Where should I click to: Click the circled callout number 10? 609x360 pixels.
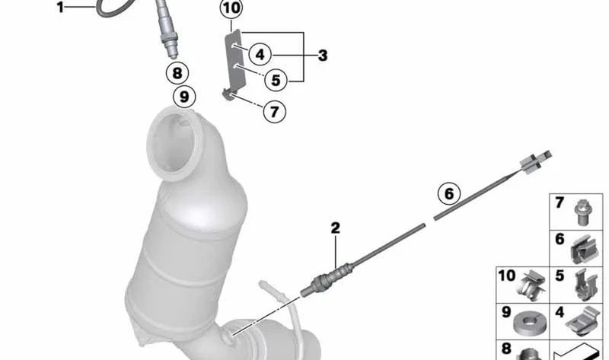[x=231, y=8]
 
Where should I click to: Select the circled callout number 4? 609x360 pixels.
[x=260, y=54]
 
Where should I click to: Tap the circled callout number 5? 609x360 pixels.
[x=276, y=81]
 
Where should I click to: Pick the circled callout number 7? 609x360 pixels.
[x=274, y=112]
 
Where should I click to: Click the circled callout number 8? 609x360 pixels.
[x=177, y=73]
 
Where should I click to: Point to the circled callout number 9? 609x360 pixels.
[x=184, y=97]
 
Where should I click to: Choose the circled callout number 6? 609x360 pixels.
[x=449, y=193]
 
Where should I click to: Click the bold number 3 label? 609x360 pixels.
[x=323, y=56]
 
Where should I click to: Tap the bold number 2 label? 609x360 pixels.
[x=336, y=228]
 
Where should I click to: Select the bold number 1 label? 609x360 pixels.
[x=60, y=7]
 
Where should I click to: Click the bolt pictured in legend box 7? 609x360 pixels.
[x=582, y=212]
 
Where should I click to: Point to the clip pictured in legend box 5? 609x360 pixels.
[x=585, y=285]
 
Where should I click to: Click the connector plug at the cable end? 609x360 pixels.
[x=536, y=160]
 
